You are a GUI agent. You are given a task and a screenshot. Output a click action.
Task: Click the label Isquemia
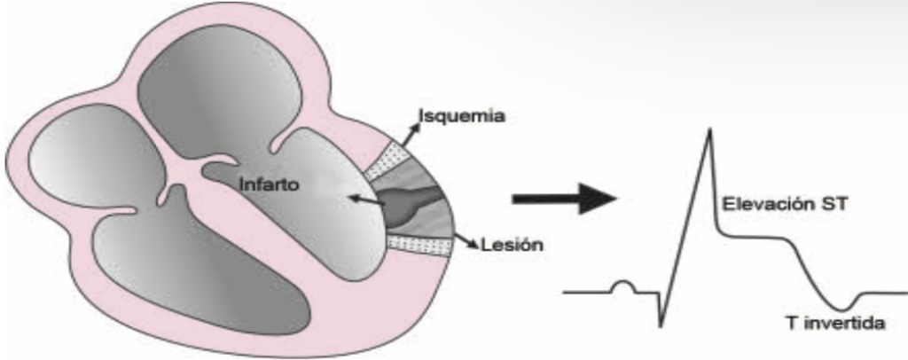[462, 116]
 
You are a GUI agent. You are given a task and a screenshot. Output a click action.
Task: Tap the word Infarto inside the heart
[270, 185]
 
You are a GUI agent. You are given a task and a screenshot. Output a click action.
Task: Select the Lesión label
[513, 245]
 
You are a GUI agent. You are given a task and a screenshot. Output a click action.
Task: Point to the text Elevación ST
[785, 203]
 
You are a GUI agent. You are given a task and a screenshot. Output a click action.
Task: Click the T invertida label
[835, 323]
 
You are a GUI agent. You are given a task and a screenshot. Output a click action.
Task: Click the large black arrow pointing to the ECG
[564, 200]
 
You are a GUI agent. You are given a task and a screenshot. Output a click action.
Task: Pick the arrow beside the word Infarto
[366, 200]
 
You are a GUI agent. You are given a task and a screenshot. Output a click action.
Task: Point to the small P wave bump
[622, 286]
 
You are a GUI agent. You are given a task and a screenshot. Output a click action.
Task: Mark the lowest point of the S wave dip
[661, 326]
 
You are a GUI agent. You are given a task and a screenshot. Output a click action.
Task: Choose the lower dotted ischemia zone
[419, 246]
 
